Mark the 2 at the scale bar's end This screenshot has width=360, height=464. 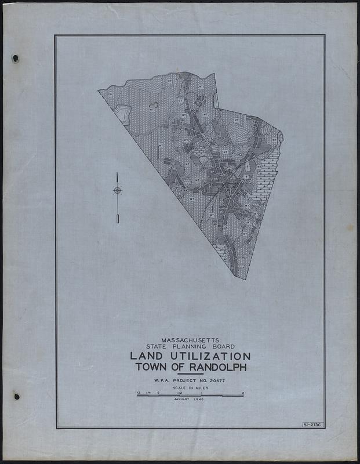[x=243, y=393]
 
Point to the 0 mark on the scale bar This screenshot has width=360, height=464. [x=158, y=393]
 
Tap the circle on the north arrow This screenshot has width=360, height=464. [x=117, y=190]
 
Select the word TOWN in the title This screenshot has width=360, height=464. [x=151, y=367]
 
